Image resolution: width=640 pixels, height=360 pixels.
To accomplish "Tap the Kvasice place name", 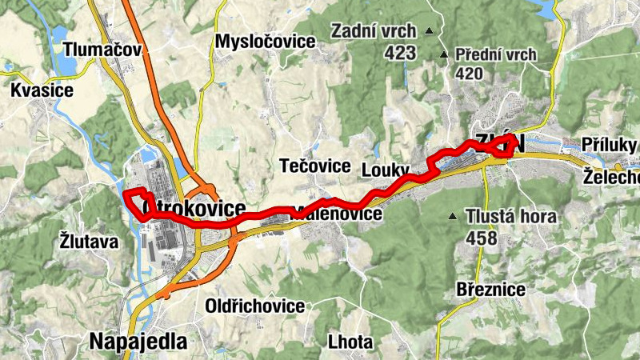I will (42, 90).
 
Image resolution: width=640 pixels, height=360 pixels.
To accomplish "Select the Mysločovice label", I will (266, 42).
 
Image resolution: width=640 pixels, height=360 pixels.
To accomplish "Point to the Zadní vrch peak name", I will (374, 32).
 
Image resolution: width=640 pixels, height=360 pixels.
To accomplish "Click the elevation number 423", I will (400, 53).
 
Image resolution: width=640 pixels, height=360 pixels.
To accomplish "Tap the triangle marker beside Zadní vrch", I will (429, 32).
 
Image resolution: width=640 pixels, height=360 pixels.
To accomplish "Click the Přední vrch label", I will (494, 55).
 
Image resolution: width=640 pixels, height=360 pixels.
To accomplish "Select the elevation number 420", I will (470, 74).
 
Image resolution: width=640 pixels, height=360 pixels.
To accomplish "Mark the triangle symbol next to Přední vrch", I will (445, 55).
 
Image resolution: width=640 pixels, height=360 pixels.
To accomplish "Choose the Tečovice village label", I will (315, 166).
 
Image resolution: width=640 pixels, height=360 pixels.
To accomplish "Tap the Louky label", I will (385, 170).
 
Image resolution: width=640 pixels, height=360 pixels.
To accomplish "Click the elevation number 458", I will (481, 238).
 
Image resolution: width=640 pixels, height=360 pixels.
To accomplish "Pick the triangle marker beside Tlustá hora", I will (453, 216).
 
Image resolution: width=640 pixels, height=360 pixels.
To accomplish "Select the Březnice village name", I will (490, 289).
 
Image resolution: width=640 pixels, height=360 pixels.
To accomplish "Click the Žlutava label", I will (89, 240).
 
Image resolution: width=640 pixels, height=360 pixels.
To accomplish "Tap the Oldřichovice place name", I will (255, 306).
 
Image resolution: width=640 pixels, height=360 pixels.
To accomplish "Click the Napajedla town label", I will (138, 342).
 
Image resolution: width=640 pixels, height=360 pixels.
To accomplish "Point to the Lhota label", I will (350, 342).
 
